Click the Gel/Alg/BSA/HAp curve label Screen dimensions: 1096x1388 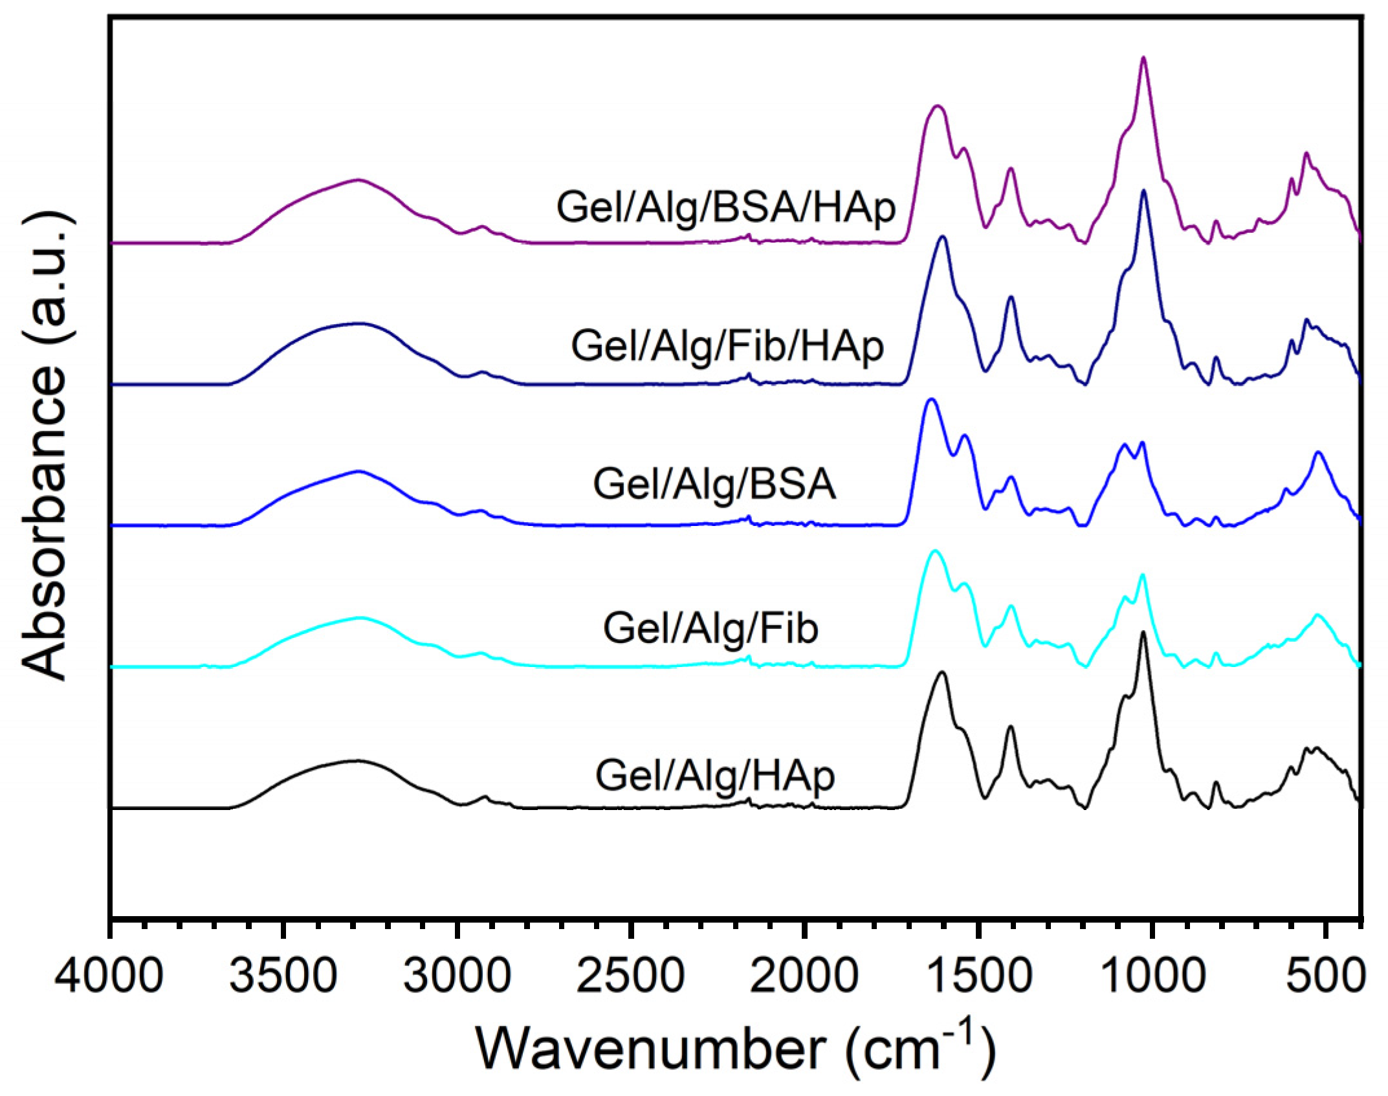tap(726, 208)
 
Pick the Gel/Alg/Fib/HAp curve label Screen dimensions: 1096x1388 tap(727, 346)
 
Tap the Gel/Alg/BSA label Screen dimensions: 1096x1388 tap(714, 485)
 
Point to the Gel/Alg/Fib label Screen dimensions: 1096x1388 tap(711, 628)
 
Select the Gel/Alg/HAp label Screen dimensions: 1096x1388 tap(715, 776)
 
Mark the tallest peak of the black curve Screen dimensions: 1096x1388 tap(1143, 632)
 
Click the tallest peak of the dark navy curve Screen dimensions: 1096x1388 tap(1143, 191)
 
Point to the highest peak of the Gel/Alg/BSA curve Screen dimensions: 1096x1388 tap(931, 399)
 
